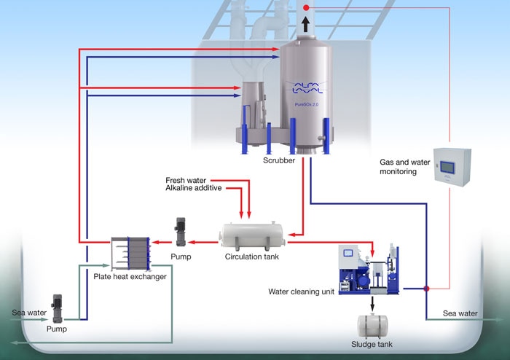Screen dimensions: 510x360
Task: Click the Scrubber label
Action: [x=279, y=160]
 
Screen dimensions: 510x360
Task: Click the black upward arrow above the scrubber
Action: [x=305, y=24]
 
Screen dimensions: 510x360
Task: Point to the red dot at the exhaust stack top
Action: [x=306, y=7]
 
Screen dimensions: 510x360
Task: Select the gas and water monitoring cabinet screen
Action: [x=447, y=166]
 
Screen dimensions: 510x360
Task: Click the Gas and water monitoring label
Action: [x=404, y=167]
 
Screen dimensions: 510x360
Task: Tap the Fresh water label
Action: [x=186, y=180]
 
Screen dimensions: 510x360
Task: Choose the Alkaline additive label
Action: [x=194, y=188]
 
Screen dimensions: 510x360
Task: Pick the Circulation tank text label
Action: [x=252, y=257]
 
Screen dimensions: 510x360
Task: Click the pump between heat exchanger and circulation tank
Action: [x=181, y=232]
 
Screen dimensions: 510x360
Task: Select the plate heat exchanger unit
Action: [x=130, y=254]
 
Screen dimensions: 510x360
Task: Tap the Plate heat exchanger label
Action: [x=130, y=277]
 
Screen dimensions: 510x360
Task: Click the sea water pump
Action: [x=58, y=308]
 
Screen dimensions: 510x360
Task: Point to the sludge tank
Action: [x=372, y=326]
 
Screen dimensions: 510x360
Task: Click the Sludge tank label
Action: [x=372, y=344]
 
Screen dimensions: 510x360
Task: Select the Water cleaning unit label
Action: [x=301, y=291]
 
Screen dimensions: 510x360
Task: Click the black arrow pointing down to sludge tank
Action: [x=372, y=303]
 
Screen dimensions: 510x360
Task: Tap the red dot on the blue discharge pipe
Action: [x=426, y=289]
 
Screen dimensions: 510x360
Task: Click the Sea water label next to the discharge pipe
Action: [x=460, y=313]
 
